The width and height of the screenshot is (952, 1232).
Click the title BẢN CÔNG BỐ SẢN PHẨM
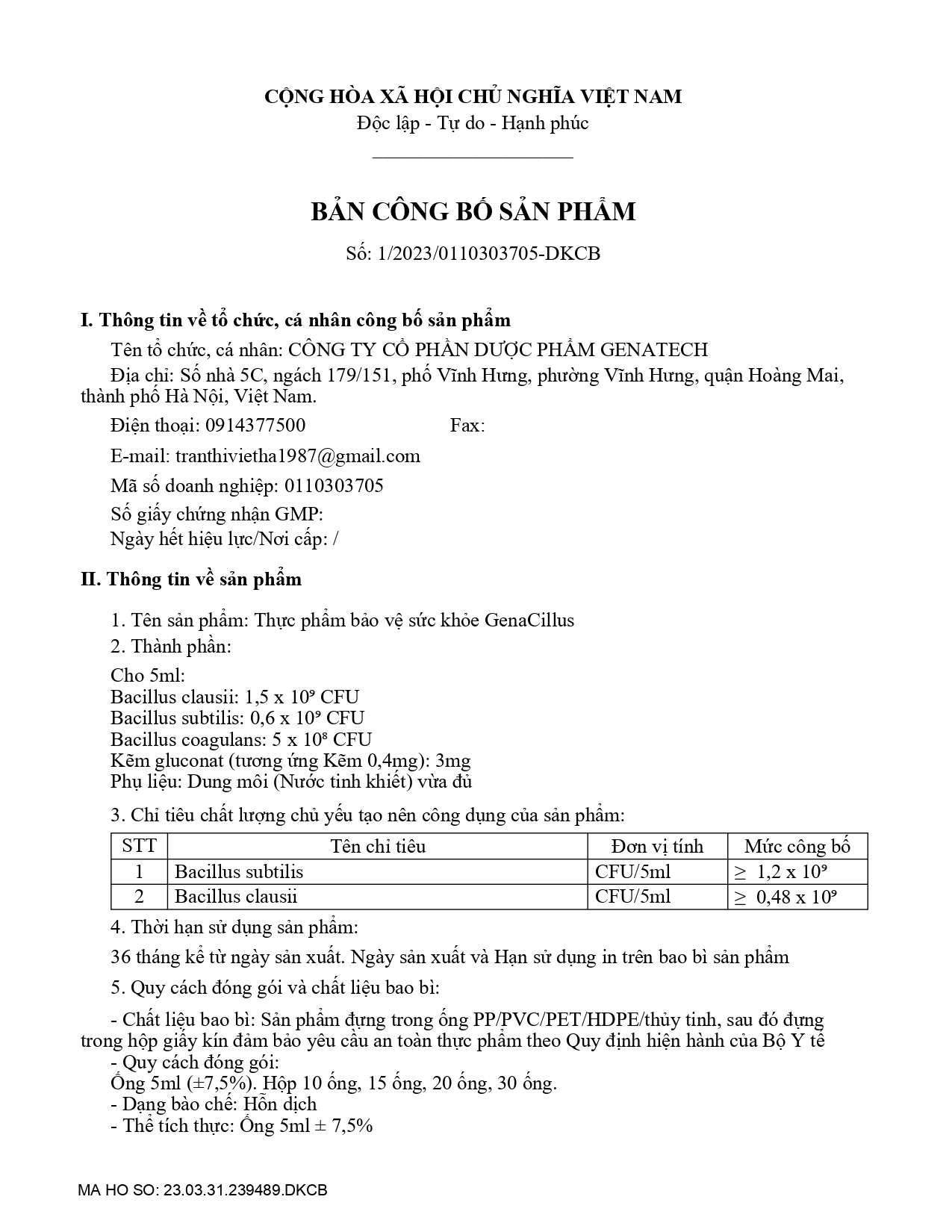tap(473, 212)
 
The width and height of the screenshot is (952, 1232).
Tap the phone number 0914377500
tap(255, 426)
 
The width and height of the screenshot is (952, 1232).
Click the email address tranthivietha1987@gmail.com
tap(297, 456)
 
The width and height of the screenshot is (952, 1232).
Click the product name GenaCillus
tap(529, 620)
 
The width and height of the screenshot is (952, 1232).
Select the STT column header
tap(139, 846)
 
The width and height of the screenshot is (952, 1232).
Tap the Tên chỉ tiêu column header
tap(378, 846)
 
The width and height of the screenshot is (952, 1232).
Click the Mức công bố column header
tap(797, 846)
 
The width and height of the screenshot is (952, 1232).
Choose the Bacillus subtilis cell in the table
tap(239, 871)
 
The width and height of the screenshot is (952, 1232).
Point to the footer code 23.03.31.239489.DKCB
tap(245, 1190)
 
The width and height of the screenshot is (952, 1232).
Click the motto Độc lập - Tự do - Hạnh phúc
tap(473, 123)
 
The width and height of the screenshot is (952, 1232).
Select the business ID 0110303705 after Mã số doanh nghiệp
tap(334, 486)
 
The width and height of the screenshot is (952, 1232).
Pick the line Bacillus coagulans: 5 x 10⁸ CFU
tap(240, 739)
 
